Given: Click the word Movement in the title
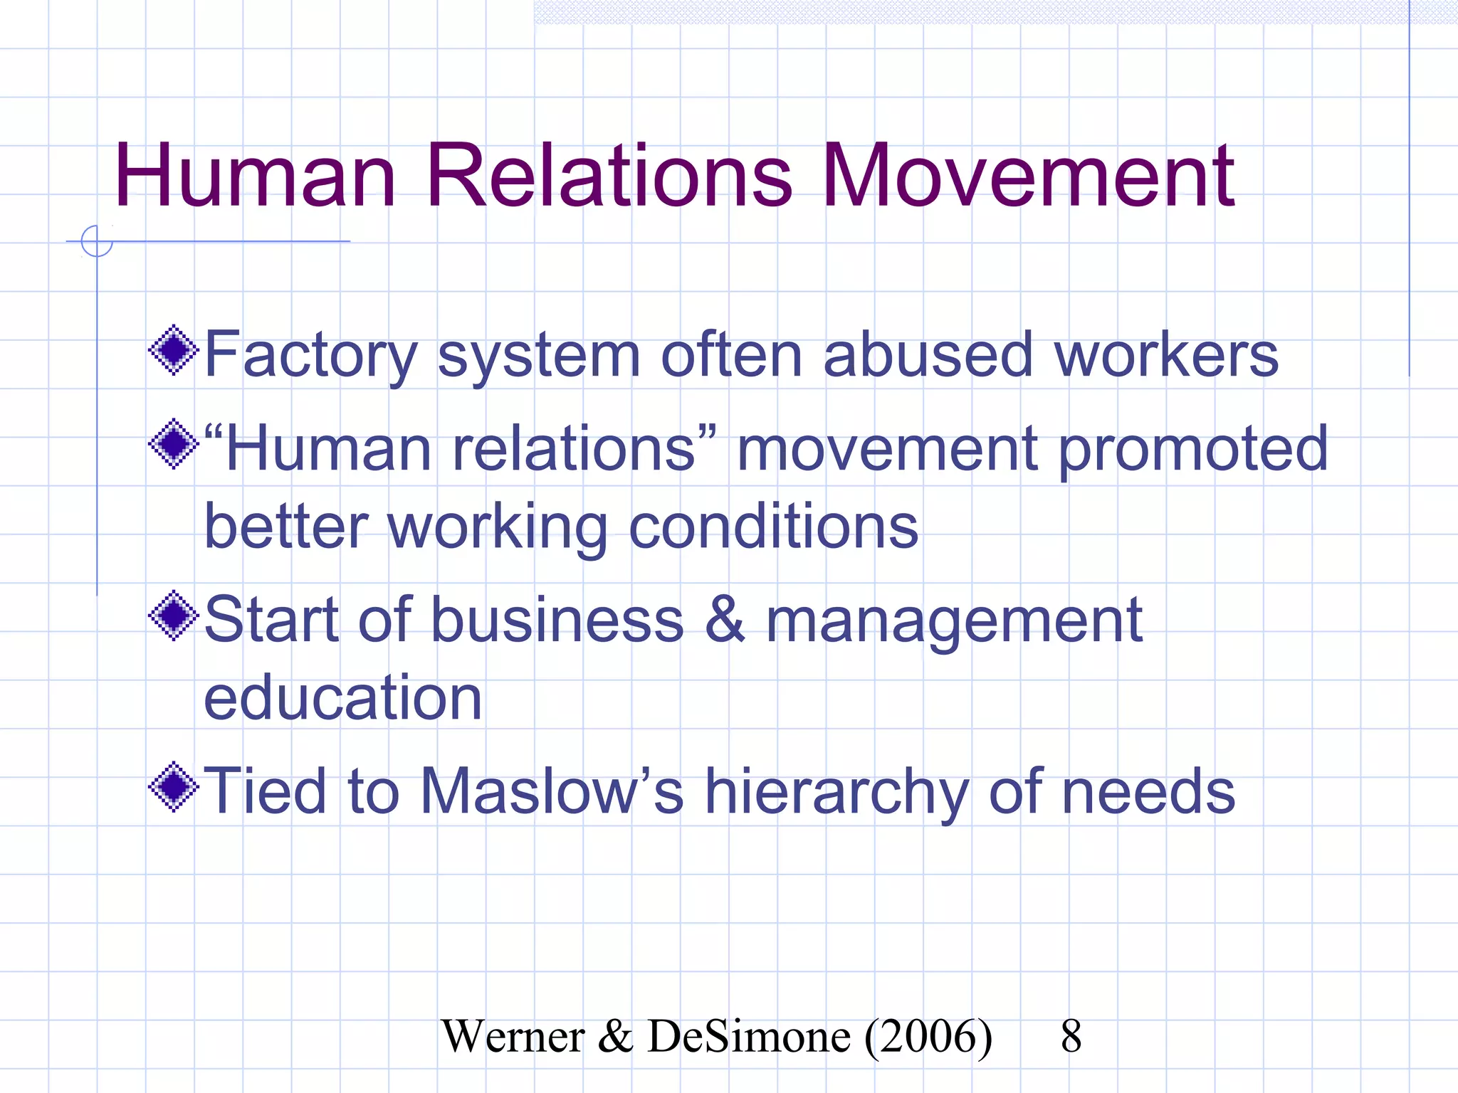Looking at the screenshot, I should pyautogui.click(x=1029, y=176).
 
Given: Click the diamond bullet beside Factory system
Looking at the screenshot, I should pyautogui.click(x=173, y=350).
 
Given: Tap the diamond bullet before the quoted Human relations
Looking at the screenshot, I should pyautogui.click(x=173, y=445).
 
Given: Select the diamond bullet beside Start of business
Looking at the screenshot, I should pyautogui.click(x=173, y=616).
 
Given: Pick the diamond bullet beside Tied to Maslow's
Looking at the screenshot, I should pyautogui.click(x=173, y=787).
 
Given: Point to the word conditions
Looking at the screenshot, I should pyautogui.click(x=774, y=527).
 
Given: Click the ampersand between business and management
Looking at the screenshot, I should pyautogui.click(x=725, y=619).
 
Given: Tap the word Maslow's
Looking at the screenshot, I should pyautogui.click(x=552, y=791).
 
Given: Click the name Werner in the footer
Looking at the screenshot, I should pyautogui.click(x=513, y=1036).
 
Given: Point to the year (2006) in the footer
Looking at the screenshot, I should pyautogui.click(x=928, y=1036).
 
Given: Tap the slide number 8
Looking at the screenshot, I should pyautogui.click(x=1071, y=1036).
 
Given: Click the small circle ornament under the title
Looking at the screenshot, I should pyautogui.click(x=97, y=241).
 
